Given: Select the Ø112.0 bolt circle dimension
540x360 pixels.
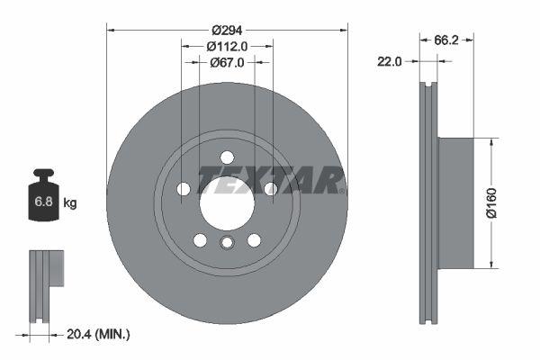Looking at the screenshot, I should coord(227,46).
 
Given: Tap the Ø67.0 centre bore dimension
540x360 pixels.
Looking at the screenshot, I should coord(227,62).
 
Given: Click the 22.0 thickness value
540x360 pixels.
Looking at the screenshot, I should coord(391,61).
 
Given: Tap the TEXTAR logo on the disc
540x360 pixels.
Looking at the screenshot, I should coord(270,180).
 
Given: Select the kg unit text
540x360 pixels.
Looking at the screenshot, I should coord(70,203).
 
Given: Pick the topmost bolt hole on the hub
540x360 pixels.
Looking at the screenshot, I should coord(227,156).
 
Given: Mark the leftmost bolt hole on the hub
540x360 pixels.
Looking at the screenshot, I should coord(184,189).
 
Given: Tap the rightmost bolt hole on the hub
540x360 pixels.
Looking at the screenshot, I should coord(270,188).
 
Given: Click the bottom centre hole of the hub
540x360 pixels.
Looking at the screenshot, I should coord(227,243).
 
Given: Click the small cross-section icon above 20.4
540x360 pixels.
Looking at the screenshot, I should coord(47,270).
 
